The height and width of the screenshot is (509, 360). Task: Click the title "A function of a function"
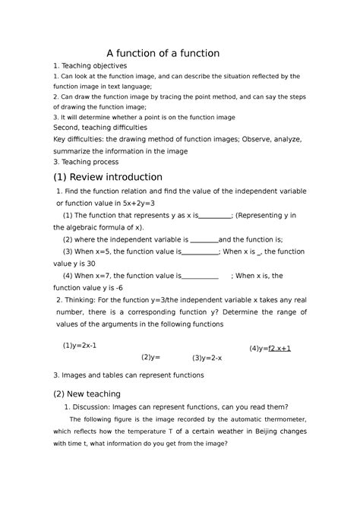[x=163, y=53]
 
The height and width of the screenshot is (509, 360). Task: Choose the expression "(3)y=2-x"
[x=207, y=357]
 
